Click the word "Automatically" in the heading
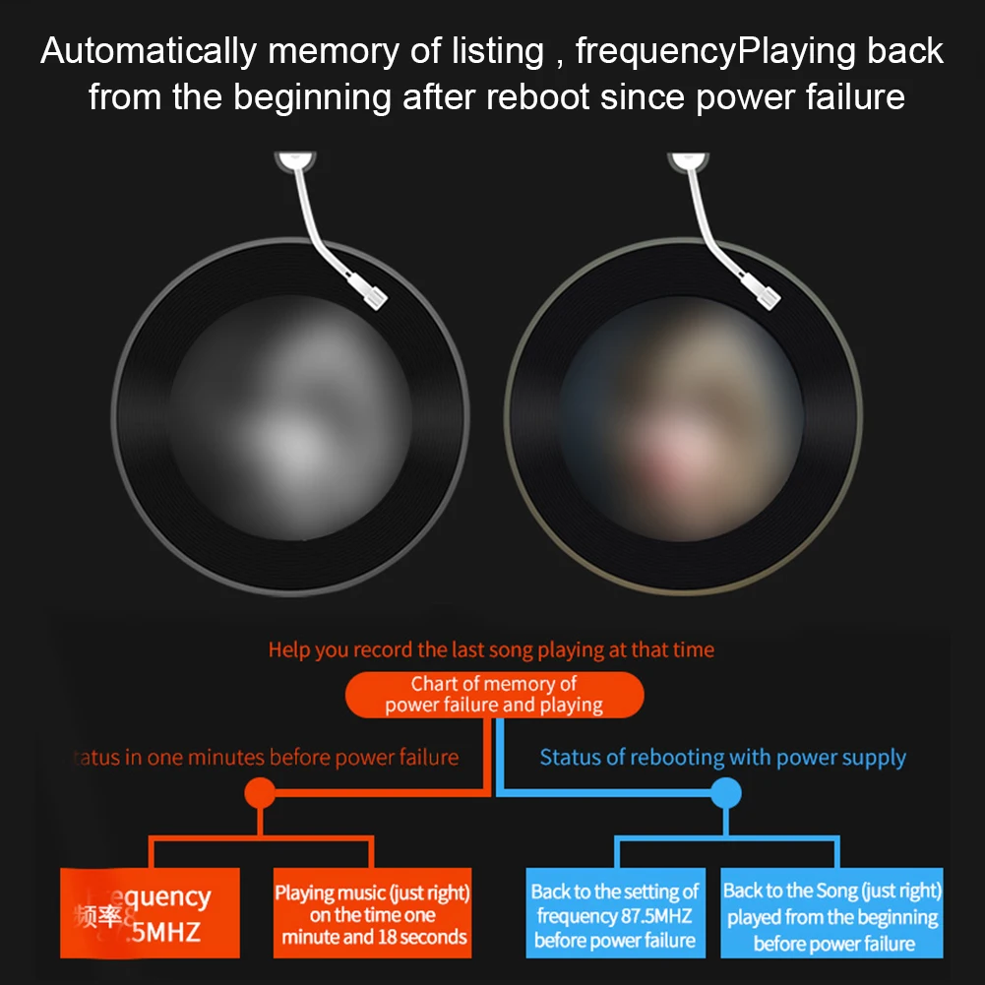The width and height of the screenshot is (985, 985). (x=149, y=52)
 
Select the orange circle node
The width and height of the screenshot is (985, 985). (x=260, y=793)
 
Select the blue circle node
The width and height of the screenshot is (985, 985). (x=725, y=793)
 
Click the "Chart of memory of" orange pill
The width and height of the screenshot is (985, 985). (x=494, y=695)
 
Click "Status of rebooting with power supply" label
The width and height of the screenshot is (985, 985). (x=722, y=758)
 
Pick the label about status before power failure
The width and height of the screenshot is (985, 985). (x=268, y=758)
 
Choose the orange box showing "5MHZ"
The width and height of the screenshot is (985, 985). (x=150, y=912)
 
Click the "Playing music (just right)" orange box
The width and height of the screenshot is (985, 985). (x=372, y=914)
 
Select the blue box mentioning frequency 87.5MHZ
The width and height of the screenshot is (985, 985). (x=615, y=915)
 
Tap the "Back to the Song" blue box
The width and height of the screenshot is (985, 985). (x=832, y=915)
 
